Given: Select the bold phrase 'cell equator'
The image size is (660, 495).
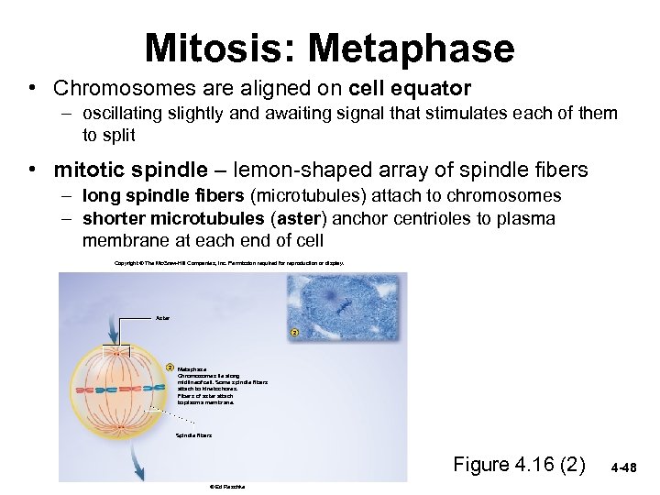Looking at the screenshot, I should point(411,89).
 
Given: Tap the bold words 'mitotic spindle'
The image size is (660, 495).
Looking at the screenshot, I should point(131,170).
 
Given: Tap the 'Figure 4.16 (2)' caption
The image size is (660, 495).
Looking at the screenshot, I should point(519,464).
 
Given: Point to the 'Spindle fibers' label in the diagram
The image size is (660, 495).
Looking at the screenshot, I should point(193,434).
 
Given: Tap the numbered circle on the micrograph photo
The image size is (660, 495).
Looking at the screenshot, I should point(294,332).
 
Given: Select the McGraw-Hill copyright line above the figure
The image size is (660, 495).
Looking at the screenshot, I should point(228,263).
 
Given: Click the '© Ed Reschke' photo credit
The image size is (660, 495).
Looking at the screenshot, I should point(221,487).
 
